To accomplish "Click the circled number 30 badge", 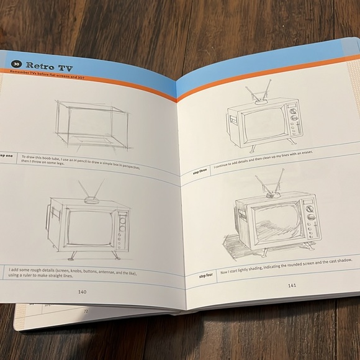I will point(17,65).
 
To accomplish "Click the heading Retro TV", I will point(50,66).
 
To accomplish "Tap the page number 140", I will point(82,291).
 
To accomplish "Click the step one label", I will point(6,156).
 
